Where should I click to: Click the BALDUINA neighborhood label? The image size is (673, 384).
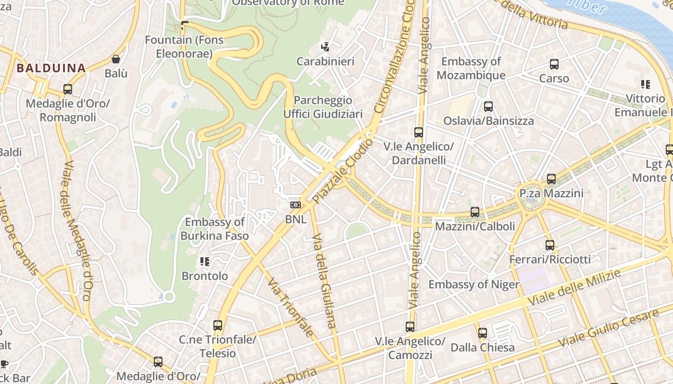coord(51,68)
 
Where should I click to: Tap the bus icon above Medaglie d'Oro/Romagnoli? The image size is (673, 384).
coord(68,89)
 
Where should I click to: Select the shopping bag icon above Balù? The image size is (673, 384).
coord(116,59)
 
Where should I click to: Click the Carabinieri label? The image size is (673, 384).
coord(325,61)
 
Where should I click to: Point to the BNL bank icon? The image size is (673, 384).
coord(296,205)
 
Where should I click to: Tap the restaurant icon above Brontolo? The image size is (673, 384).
coord(205,262)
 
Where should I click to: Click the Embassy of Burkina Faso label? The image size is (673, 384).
coord(215,229)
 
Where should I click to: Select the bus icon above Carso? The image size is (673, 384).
coord(554,64)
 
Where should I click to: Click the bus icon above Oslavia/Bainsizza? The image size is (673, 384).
coord(488,107)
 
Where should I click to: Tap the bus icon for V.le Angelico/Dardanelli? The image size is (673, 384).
coord(419,132)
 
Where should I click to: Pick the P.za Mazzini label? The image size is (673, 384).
coord(551,193)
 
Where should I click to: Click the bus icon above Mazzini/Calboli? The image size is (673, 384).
coord(475,212)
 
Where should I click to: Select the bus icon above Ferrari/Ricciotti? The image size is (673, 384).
coord(550,245)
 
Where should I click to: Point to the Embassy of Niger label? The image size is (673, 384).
coord(474,285)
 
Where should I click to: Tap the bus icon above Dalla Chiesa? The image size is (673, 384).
coord(483,333)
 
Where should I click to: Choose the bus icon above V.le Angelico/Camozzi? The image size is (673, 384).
coord(410,327)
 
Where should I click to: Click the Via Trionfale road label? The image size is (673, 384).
coord(291,307)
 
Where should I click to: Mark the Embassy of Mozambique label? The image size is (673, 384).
coord(471,68)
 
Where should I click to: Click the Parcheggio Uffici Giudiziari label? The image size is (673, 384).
coord(323,107)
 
